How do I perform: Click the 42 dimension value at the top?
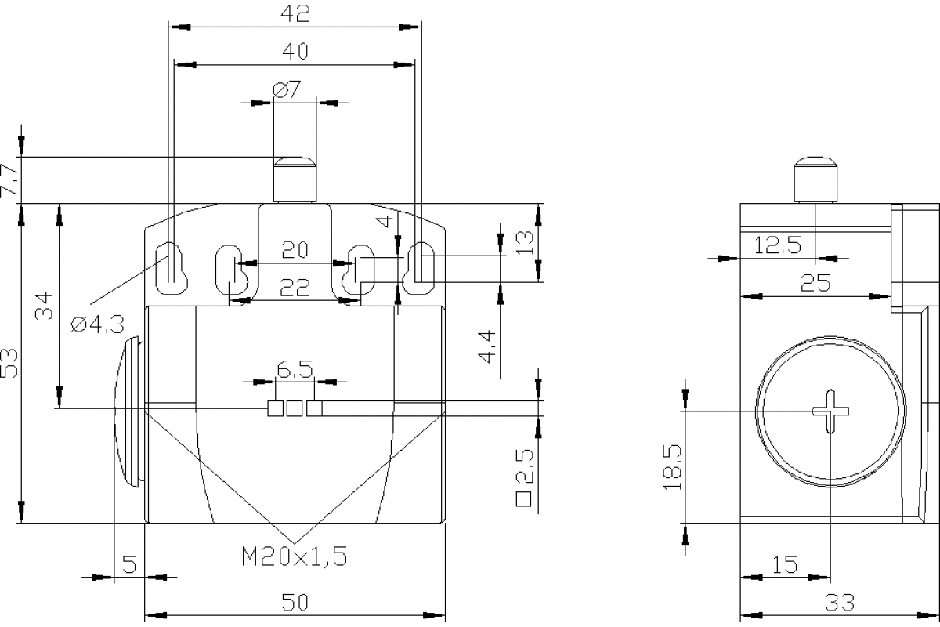click(295, 13)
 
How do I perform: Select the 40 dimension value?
click(295, 52)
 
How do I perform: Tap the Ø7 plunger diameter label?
click(287, 90)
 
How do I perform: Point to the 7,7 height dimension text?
click(11, 180)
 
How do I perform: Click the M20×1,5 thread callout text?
click(294, 557)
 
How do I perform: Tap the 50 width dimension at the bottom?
click(295, 602)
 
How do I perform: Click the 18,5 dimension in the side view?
click(673, 467)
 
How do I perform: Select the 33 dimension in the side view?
click(839, 603)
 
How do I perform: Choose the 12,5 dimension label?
click(778, 245)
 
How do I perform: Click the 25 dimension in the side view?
click(815, 284)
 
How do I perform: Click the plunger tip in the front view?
click(295, 163)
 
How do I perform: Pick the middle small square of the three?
click(295, 408)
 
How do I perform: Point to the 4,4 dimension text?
click(486, 346)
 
